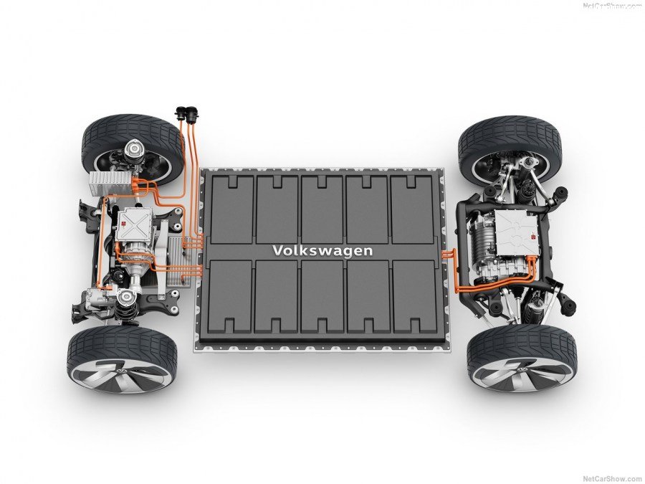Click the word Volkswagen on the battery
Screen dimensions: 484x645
[322, 251]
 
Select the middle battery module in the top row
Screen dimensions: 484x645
[322, 208]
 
